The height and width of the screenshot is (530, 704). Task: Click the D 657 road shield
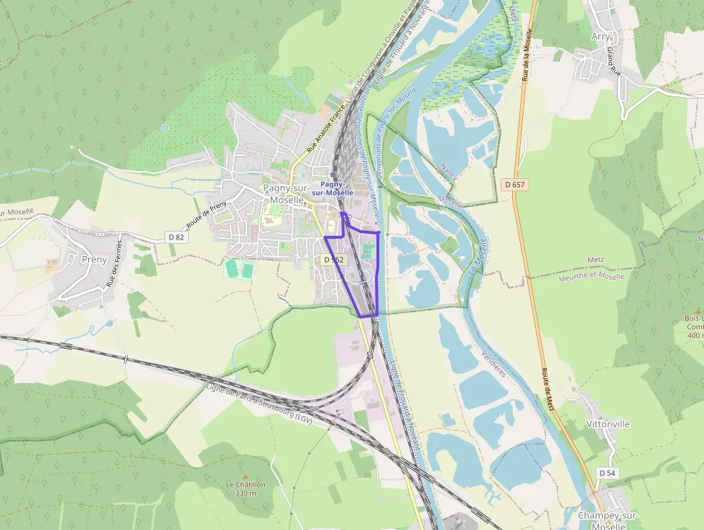click(515, 185)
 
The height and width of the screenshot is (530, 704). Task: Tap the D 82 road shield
click(176, 237)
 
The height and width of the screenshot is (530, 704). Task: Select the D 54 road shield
click(607, 472)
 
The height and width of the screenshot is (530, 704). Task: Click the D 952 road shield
click(334, 260)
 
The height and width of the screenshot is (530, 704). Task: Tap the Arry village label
click(600, 37)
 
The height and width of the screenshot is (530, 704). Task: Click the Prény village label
click(94, 259)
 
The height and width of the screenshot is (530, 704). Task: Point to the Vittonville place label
click(608, 424)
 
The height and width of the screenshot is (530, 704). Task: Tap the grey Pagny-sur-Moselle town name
click(286, 193)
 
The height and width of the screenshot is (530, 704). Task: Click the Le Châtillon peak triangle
click(246, 476)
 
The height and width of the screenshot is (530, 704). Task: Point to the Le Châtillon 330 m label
click(246, 489)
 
